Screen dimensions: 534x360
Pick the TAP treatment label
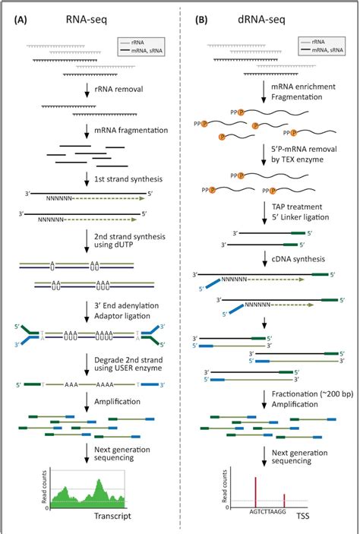pos(298,206)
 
